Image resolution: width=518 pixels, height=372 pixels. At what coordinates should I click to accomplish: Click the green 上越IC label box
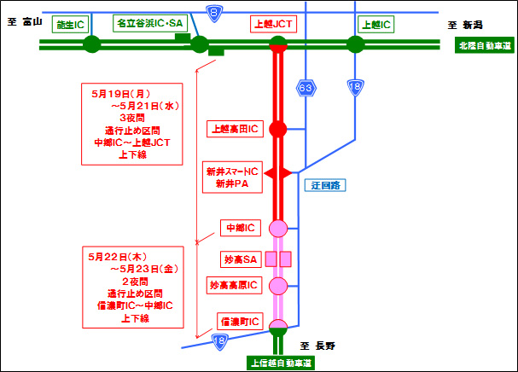375,25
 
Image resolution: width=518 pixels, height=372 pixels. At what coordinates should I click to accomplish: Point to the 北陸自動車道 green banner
484,44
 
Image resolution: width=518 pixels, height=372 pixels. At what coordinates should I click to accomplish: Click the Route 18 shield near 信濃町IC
221,340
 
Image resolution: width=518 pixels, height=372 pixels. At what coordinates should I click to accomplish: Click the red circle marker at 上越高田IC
277,129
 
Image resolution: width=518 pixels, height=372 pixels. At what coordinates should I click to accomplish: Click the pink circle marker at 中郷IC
277,228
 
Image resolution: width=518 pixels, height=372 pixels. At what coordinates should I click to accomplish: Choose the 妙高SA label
238,258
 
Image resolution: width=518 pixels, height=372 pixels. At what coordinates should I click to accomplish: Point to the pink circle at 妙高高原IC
277,285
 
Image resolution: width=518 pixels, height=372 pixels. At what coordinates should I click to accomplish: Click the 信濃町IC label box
239,322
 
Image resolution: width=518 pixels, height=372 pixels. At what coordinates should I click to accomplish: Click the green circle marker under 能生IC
91,44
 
